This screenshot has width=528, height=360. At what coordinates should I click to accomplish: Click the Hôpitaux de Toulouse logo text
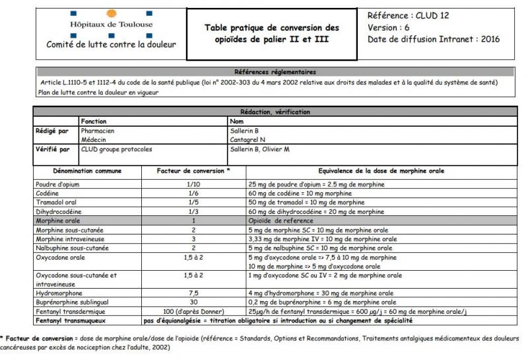(111, 24)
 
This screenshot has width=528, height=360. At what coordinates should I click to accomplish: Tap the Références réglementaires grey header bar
(274, 71)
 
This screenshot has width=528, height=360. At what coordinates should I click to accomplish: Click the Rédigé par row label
(52, 131)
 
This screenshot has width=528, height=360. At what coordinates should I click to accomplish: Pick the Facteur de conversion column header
(193, 170)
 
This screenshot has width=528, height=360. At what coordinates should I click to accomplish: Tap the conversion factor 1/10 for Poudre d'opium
(193, 183)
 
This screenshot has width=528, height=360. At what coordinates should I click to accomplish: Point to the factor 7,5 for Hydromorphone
(193, 293)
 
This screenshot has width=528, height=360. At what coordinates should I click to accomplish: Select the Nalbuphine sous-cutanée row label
(73, 247)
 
